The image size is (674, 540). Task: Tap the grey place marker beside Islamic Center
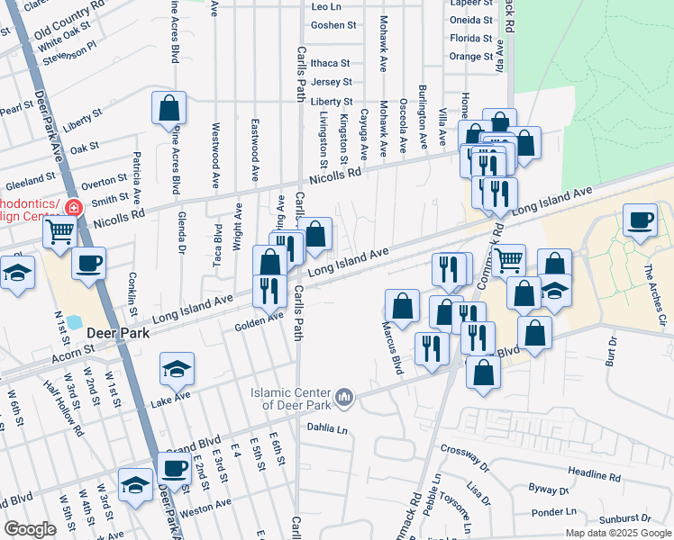point(343,397)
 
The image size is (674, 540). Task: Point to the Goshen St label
point(333,25)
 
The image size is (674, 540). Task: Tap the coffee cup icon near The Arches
point(641,220)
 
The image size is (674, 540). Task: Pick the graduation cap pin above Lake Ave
point(177,368)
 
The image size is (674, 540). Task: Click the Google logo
point(30,529)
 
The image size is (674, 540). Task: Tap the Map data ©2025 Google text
point(617,533)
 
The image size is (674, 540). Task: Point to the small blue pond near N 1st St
point(74,320)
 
